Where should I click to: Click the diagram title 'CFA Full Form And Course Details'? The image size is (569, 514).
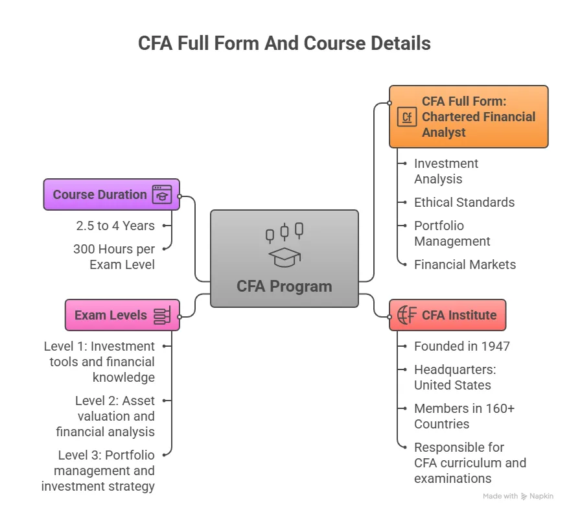(x=284, y=43)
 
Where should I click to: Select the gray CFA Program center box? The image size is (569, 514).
(x=284, y=258)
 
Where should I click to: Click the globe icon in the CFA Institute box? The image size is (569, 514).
(x=407, y=316)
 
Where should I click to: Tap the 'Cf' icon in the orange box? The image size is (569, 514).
(x=407, y=117)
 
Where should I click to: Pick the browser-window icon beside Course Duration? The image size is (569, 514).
(x=162, y=194)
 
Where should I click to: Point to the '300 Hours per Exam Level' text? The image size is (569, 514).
(x=114, y=257)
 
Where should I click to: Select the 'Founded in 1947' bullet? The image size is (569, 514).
(x=461, y=346)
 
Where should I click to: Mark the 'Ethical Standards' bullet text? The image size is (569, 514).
(x=464, y=202)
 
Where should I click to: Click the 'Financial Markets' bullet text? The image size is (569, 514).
(x=465, y=264)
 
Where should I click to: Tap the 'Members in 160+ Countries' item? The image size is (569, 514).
(x=464, y=416)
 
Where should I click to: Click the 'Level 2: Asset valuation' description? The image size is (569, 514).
(x=106, y=416)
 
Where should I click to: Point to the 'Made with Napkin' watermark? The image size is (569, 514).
(x=518, y=496)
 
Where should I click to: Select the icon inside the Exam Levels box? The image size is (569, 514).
(x=162, y=316)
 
